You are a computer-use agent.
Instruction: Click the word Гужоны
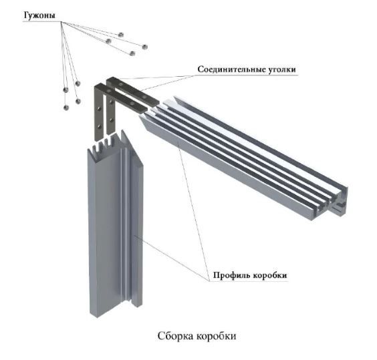coord(39,16)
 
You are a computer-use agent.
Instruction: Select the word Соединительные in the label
coord(231,69)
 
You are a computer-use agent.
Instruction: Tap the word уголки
coord(281,69)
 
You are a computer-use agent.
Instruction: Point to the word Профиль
coord(231,275)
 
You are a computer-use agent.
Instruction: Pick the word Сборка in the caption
coord(176,336)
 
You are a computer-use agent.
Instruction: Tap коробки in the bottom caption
coord(217,336)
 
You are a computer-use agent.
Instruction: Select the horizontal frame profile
coord(243,158)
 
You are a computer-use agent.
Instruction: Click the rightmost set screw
coord(144,47)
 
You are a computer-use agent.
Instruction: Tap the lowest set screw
coord(66,108)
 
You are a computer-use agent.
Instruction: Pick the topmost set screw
coord(121,35)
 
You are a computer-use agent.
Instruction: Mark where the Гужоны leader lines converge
coord(61,22)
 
